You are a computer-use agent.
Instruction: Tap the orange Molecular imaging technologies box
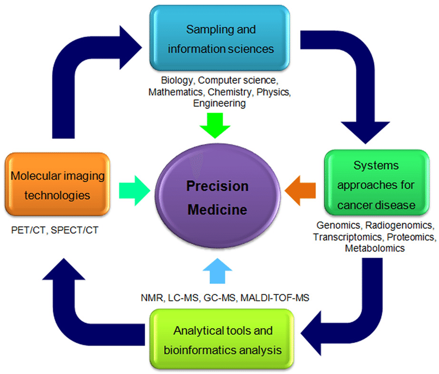point(57,186)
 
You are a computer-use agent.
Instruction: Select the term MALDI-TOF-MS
point(279,298)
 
